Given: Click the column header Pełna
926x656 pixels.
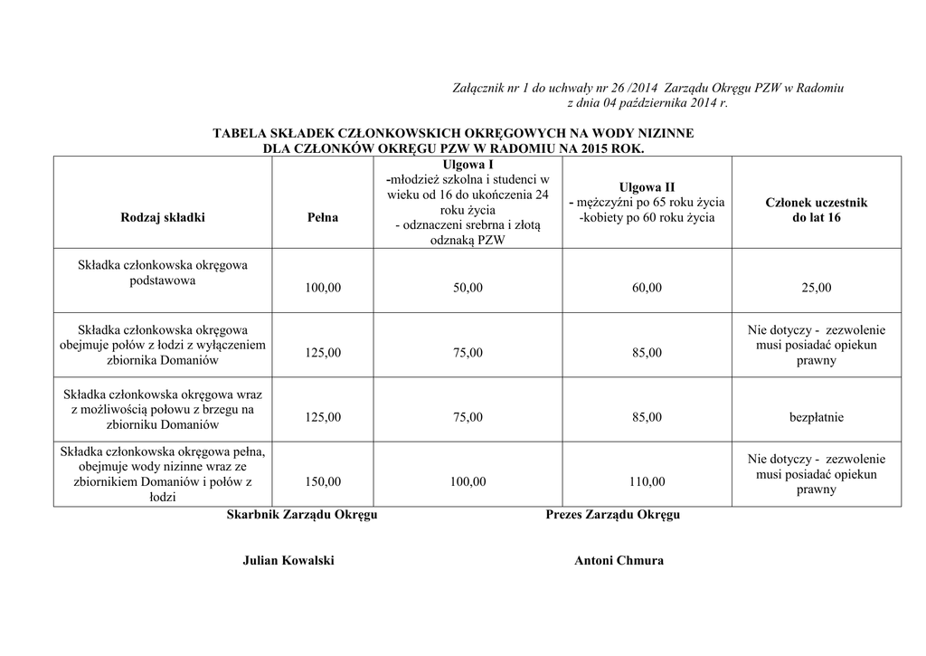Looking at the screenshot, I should point(323,218).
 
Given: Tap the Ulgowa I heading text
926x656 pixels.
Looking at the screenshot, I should point(468,165).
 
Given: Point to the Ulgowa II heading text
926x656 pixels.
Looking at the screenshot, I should point(647,186).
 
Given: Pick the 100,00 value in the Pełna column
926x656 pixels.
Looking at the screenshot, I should point(323,288).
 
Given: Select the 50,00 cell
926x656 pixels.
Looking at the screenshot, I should point(468,288).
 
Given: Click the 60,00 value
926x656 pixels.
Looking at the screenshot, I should point(647,288).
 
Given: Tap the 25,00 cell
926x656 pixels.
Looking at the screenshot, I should point(816,288).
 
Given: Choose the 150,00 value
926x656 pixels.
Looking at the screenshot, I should point(323,482).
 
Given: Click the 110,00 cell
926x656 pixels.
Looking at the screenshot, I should point(647,482).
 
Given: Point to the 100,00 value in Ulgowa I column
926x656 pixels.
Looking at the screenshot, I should point(468,482).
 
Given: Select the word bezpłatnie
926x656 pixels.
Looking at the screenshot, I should point(816,417).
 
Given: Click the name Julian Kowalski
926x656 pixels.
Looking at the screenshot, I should point(288,561).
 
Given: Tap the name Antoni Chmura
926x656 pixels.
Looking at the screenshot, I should point(619,561).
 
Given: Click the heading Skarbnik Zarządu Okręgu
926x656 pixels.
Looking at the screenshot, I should point(301,515).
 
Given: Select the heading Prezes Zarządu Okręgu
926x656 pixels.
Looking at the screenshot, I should point(613,515).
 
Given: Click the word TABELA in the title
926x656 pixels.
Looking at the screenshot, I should point(238,134).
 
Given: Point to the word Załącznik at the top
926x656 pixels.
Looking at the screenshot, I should point(478,89).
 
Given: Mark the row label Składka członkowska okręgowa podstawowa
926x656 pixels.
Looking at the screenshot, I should point(163,272).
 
